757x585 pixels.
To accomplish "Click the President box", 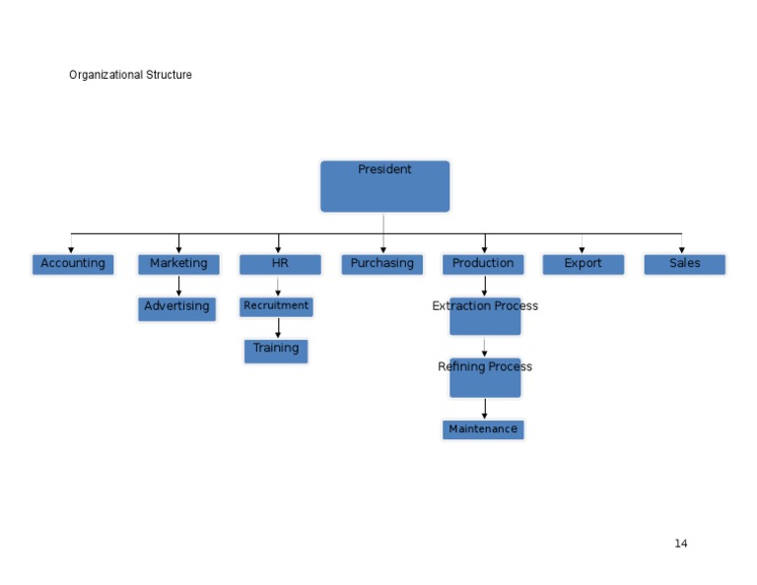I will [x=384, y=186].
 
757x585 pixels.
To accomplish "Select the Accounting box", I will [x=73, y=264].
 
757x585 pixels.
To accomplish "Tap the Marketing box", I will [x=178, y=264].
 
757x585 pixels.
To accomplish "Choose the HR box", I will [x=280, y=264].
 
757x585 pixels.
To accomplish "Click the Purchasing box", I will [x=382, y=264].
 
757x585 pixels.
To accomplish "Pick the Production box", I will [x=483, y=264].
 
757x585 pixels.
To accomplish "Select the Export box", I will [x=583, y=264].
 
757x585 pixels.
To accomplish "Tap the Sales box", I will [x=685, y=264].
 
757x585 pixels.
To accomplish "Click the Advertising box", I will [x=176, y=308].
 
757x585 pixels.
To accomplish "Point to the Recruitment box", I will [x=276, y=306].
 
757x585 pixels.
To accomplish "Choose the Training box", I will [x=276, y=351].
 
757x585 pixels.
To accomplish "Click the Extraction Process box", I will [x=485, y=316].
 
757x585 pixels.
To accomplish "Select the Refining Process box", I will [x=485, y=377].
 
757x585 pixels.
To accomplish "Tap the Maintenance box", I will [x=483, y=429].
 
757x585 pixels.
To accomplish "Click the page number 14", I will [x=681, y=544].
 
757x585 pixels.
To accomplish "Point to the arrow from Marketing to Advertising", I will [x=178, y=286].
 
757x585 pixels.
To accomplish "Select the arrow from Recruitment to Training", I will [x=278, y=328].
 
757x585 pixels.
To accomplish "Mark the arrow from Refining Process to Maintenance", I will [x=484, y=409].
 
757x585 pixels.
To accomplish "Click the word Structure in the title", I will [x=169, y=75].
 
